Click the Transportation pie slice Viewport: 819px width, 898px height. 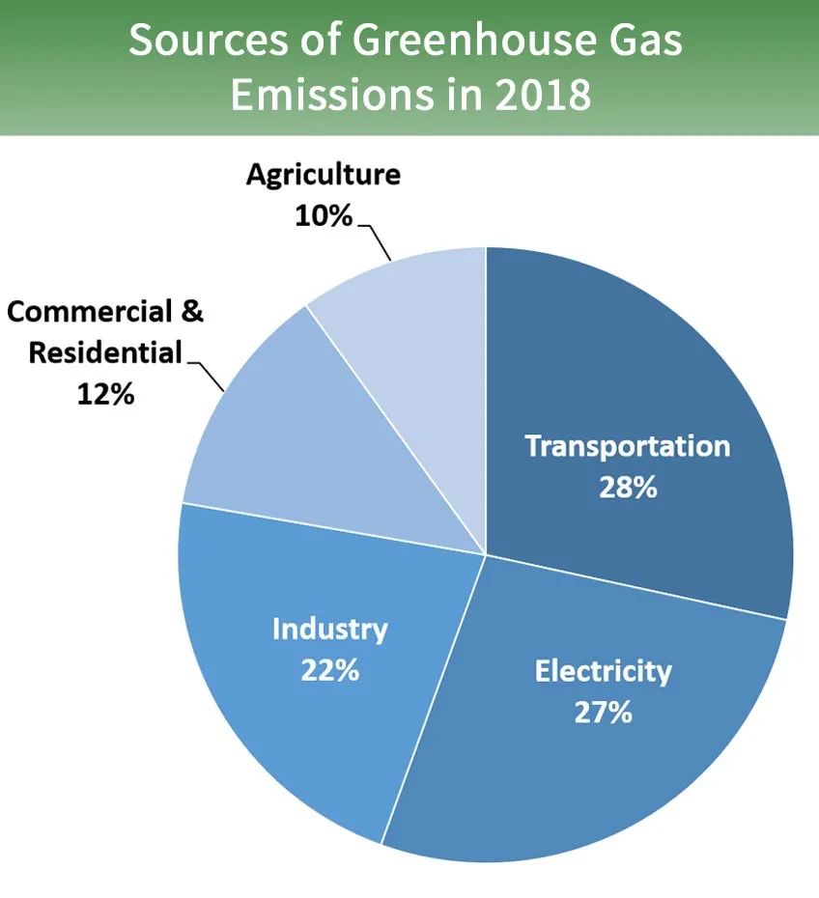click(x=657, y=367)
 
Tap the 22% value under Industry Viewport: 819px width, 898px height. click(x=329, y=670)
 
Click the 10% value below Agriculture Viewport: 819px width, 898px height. click(x=324, y=215)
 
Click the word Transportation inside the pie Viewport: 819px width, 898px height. click(x=628, y=446)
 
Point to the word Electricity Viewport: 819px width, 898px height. click(x=603, y=670)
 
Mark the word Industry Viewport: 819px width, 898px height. click(x=329, y=630)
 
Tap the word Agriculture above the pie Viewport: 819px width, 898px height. click(x=323, y=175)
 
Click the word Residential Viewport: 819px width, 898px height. click(x=105, y=352)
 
